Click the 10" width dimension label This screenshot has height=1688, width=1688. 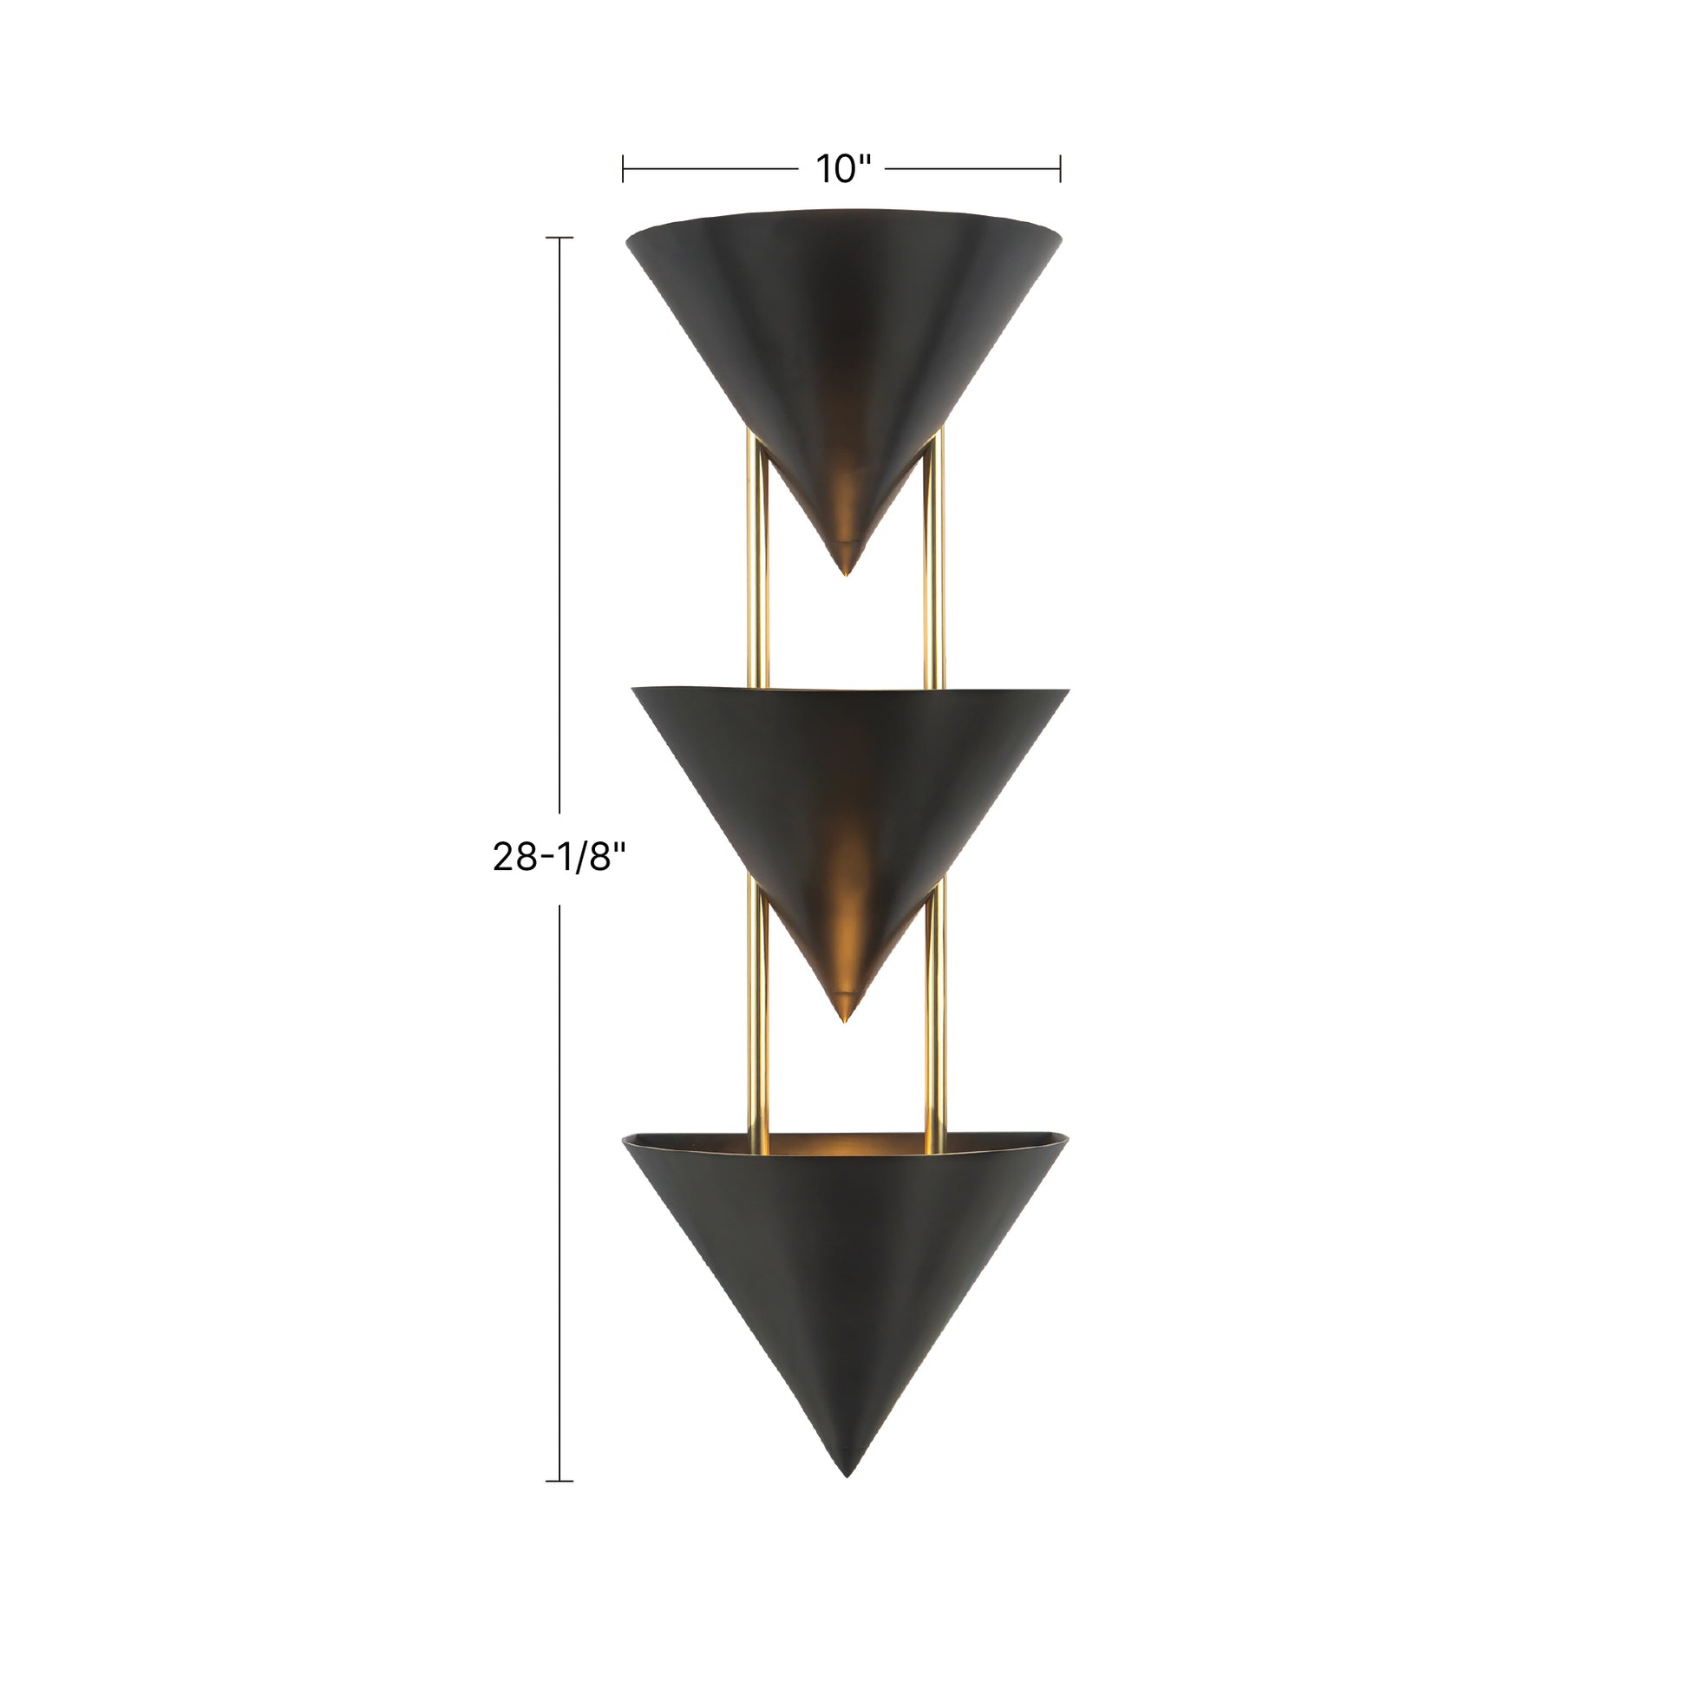844,167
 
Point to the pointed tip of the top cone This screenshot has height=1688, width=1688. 845,572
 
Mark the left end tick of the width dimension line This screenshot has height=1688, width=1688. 623,167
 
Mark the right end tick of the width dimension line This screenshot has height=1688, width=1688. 1060,167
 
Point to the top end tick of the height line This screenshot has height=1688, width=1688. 559,238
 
